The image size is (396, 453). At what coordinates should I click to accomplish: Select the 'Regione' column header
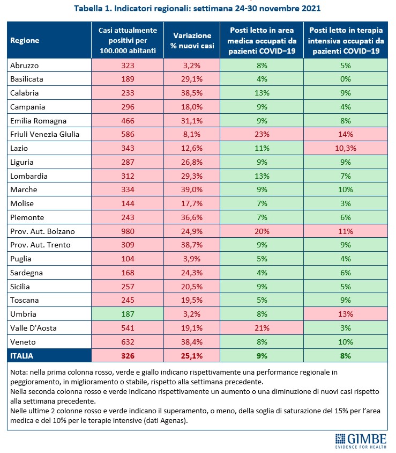click(x=25, y=40)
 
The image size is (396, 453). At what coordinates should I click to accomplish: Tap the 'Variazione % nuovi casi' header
click(x=192, y=40)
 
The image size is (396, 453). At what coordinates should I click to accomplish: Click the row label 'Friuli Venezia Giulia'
click(x=44, y=134)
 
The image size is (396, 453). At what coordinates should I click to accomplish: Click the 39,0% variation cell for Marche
click(x=192, y=189)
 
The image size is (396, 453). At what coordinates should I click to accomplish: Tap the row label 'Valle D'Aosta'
click(x=33, y=328)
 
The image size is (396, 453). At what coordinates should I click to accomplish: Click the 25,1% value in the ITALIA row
click(x=192, y=356)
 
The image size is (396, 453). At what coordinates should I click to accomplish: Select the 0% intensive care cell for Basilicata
click(x=345, y=79)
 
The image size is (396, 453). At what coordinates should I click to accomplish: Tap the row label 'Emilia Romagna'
click(x=36, y=120)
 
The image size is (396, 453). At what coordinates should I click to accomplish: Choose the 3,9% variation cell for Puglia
click(x=192, y=259)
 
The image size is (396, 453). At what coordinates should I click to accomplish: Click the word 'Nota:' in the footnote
click(x=20, y=371)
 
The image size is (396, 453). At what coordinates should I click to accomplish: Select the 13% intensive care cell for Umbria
click(x=345, y=314)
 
